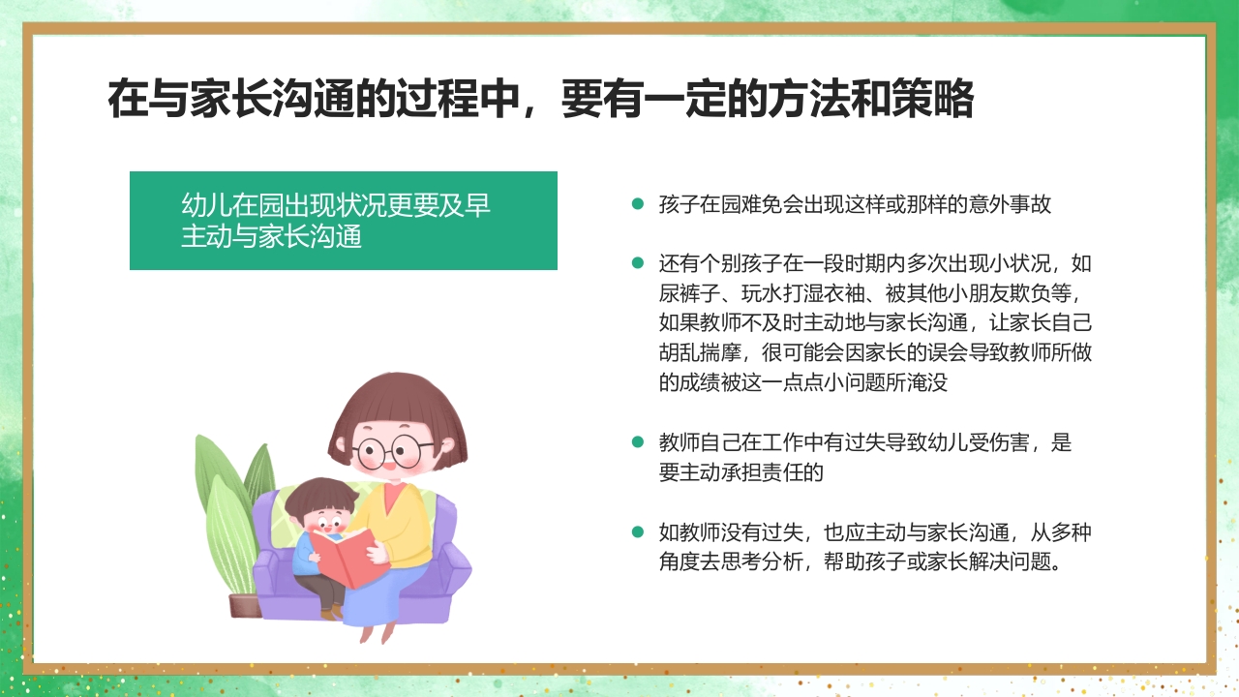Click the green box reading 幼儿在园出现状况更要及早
click(343, 221)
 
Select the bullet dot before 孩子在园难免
click(637, 204)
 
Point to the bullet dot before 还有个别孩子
click(637, 263)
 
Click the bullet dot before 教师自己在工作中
click(637, 442)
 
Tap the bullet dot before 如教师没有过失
click(637, 531)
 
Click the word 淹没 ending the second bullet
click(924, 382)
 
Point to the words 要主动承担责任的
click(740, 472)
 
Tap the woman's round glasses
click(394, 450)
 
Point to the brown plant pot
click(244, 606)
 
